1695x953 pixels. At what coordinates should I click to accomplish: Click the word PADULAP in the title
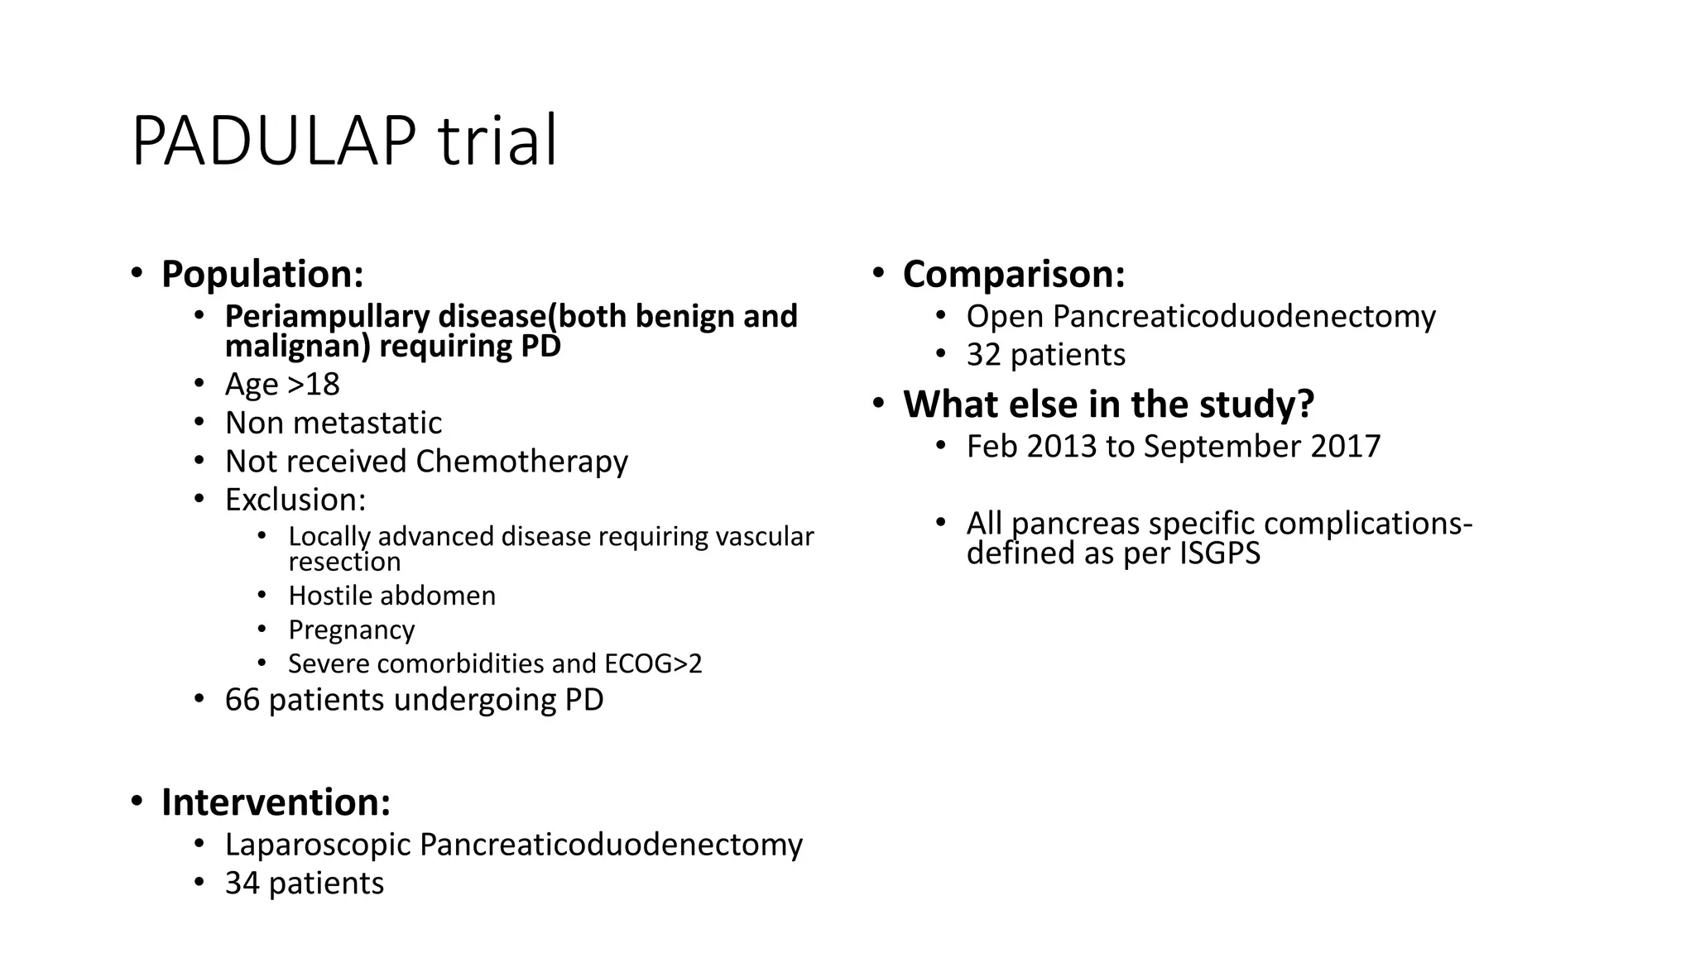pos(273,141)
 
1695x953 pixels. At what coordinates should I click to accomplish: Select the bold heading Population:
pos(262,274)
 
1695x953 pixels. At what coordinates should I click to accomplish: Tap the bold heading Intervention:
pos(276,802)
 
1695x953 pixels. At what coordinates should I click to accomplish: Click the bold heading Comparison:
pos(1014,274)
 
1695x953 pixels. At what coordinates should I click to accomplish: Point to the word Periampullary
pos(327,316)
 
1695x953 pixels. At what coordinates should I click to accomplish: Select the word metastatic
pos(367,423)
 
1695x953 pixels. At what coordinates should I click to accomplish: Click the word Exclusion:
pos(295,500)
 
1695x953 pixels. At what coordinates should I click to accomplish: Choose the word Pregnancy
pos(351,630)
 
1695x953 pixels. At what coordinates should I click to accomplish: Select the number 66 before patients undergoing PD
pos(242,700)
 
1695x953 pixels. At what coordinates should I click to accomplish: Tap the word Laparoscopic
pos(318,845)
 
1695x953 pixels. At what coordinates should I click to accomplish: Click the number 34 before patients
pos(242,883)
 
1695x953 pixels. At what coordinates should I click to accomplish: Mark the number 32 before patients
pos(983,355)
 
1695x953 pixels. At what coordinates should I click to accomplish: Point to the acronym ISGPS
pos(1220,553)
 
